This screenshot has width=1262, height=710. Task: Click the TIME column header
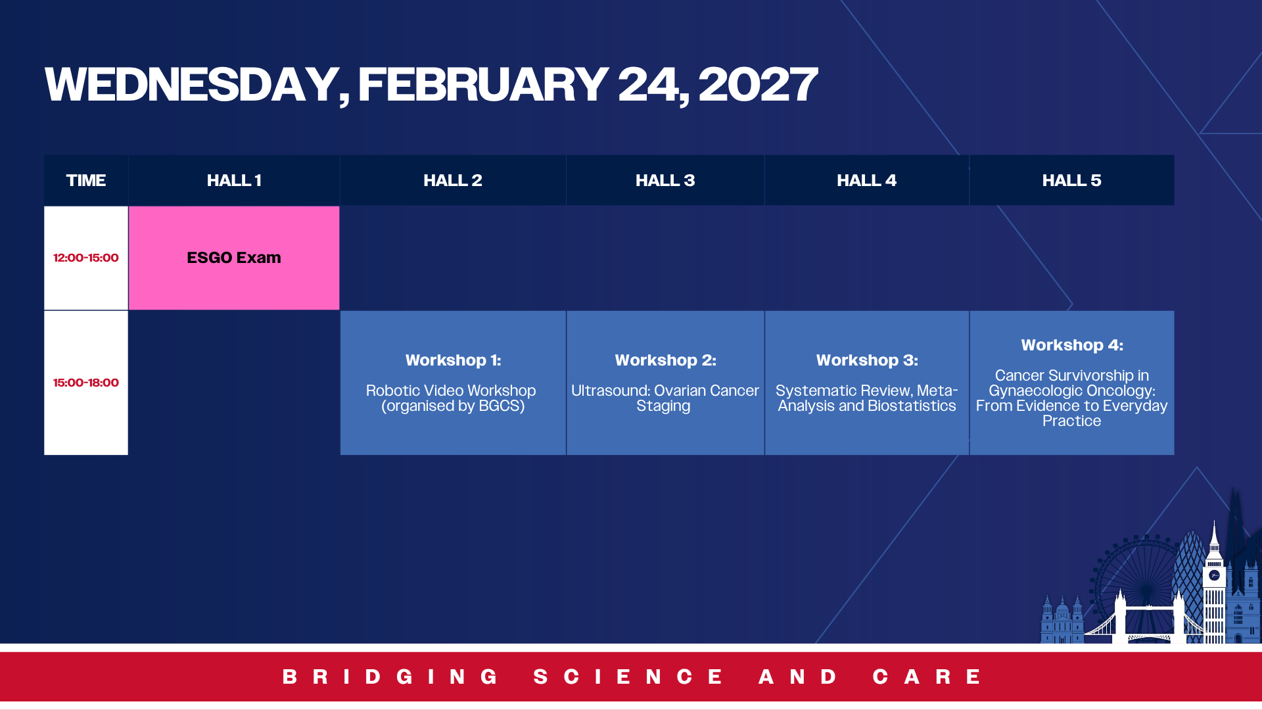click(x=86, y=180)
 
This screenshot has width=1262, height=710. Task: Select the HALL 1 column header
click(x=234, y=180)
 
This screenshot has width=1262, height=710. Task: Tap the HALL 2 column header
click(x=453, y=180)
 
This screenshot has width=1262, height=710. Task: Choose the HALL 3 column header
click(x=665, y=180)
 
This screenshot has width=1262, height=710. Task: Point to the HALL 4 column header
click(x=867, y=180)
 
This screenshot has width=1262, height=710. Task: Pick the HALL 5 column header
click(x=1072, y=180)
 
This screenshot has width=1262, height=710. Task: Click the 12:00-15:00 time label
click(x=86, y=258)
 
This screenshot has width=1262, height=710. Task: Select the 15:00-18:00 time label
click(x=86, y=383)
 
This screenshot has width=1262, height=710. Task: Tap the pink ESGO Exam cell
click(x=234, y=258)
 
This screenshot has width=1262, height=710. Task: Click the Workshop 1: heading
click(x=453, y=360)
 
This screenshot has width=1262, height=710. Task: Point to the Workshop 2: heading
click(x=665, y=360)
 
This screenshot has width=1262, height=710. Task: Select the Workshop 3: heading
click(x=867, y=360)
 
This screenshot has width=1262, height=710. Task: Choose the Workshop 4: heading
click(x=1072, y=345)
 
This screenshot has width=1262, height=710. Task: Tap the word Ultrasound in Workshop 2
click(x=609, y=390)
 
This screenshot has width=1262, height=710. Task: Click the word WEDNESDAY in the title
click(x=192, y=84)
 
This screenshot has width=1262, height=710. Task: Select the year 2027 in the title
click(x=758, y=84)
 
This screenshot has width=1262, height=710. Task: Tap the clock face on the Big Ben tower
click(x=1214, y=575)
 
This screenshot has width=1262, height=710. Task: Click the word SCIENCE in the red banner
click(x=628, y=676)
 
